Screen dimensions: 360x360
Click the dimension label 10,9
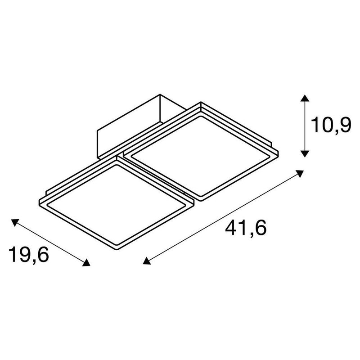[x=331, y=125]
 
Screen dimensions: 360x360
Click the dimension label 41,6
[x=246, y=229]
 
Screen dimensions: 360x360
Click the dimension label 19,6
[x=29, y=255]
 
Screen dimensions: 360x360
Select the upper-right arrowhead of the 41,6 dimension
[x=301, y=173]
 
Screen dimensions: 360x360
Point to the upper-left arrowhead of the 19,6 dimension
[x=15, y=221]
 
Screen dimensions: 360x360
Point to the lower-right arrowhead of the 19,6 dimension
[x=86, y=263]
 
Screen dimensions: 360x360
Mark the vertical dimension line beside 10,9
[x=305, y=126]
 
